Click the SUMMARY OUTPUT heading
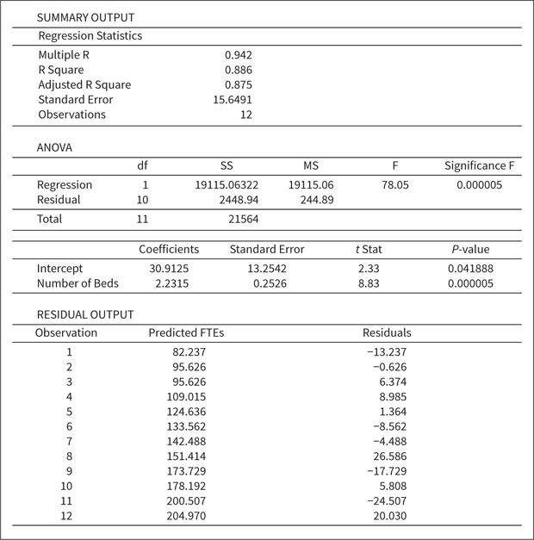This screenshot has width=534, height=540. click(x=85, y=17)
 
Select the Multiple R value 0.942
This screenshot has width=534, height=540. click(x=238, y=54)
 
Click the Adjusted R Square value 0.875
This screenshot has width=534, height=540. click(x=238, y=84)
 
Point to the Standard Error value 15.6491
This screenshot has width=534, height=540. click(x=233, y=99)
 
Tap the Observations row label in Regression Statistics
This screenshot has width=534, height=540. click(x=71, y=115)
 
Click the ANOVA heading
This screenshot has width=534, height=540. click(x=54, y=147)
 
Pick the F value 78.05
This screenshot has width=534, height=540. click(x=394, y=184)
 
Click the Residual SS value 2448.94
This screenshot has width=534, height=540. click(x=239, y=200)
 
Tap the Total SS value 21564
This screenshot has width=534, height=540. click(x=242, y=220)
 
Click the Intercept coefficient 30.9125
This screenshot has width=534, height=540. click(x=169, y=269)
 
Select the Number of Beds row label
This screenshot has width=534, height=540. click(x=78, y=283)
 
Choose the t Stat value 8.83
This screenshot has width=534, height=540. click(x=368, y=283)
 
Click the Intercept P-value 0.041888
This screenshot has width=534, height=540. click(x=470, y=269)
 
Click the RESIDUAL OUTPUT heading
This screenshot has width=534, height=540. click(x=85, y=314)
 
